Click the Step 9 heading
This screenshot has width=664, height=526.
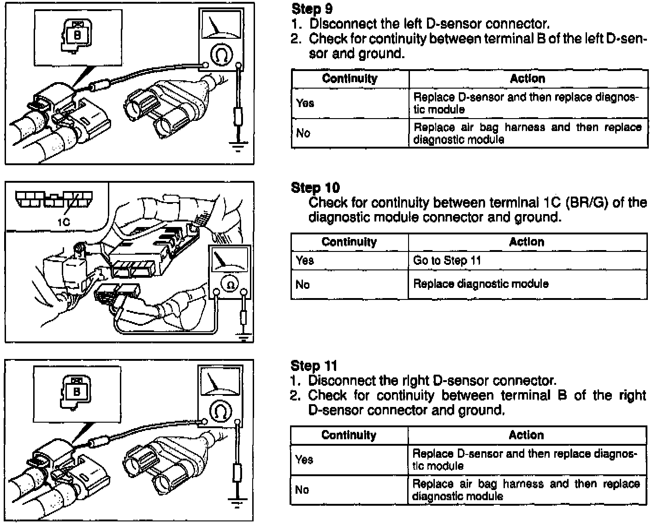point(312,9)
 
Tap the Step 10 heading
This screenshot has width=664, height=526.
point(315,187)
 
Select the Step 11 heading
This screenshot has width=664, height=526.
point(314,366)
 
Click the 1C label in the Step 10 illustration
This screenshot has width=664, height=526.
point(64,222)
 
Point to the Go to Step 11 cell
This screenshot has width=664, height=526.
point(447,261)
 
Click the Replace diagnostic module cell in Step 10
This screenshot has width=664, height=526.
point(480,284)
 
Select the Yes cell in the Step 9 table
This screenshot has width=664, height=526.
point(305,103)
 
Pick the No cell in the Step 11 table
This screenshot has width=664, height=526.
point(302,490)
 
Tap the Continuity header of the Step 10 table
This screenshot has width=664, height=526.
point(349,242)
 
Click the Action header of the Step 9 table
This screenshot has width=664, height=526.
point(528,78)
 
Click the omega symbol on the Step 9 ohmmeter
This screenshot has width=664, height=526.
point(219,55)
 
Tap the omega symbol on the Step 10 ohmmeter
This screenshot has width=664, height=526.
point(230,285)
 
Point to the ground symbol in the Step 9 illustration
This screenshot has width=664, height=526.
point(238,147)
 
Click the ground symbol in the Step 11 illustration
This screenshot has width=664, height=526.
point(237,503)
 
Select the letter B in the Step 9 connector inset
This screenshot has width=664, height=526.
point(77,35)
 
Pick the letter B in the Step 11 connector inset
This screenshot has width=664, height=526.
point(77,392)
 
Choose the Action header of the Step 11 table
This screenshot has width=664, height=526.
point(526,435)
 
